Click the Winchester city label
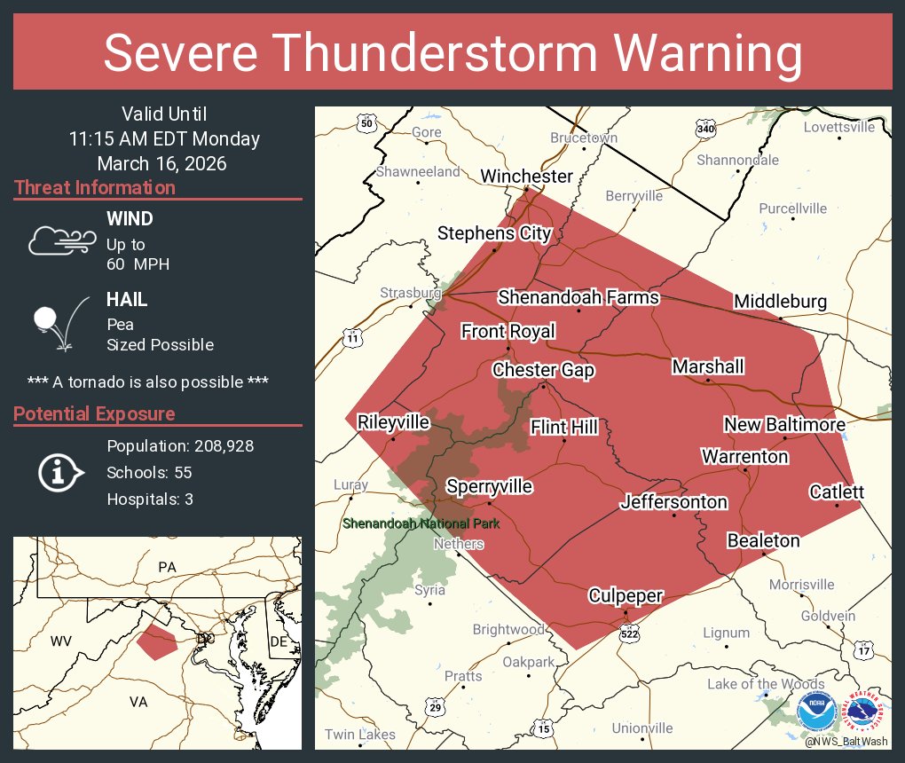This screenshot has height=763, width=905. point(526,176)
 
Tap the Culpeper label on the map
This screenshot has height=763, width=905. point(626,595)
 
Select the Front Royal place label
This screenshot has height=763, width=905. point(508,331)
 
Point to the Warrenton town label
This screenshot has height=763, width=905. point(744,456)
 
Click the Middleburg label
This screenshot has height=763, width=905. point(780,302)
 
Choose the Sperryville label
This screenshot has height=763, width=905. point(489,486)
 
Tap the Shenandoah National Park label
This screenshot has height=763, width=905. point(421,523)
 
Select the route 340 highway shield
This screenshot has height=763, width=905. point(705,130)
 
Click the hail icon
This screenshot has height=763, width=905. point(59,322)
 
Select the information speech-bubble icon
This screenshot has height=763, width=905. point(59,472)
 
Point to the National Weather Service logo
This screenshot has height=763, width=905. point(863,713)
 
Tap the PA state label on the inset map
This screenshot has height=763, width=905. point(167,566)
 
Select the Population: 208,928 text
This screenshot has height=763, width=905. point(180,445)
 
